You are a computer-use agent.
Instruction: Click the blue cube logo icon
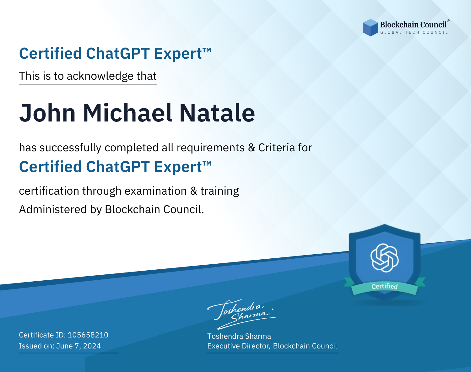click(x=370, y=27)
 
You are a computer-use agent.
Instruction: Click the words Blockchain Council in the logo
click(x=413, y=24)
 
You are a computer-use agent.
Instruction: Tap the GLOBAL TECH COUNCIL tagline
click(x=414, y=32)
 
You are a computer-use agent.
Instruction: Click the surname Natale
click(x=217, y=113)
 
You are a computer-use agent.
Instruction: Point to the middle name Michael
click(x=127, y=113)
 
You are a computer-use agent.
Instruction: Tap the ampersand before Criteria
click(x=252, y=148)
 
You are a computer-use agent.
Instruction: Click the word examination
click(x=156, y=191)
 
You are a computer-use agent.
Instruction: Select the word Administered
click(x=53, y=209)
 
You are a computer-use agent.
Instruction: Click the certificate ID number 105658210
click(x=88, y=335)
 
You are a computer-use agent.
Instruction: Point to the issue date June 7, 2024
click(x=78, y=346)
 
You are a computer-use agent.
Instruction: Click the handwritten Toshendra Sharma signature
click(x=242, y=314)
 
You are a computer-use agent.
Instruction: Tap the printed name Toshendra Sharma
click(x=239, y=336)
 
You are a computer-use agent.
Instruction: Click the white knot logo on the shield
click(x=385, y=258)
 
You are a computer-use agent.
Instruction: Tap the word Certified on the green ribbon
click(x=385, y=286)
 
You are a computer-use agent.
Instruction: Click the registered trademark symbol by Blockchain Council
click(x=448, y=21)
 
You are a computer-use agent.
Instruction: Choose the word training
click(x=219, y=191)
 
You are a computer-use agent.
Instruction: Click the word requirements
click(x=211, y=148)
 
